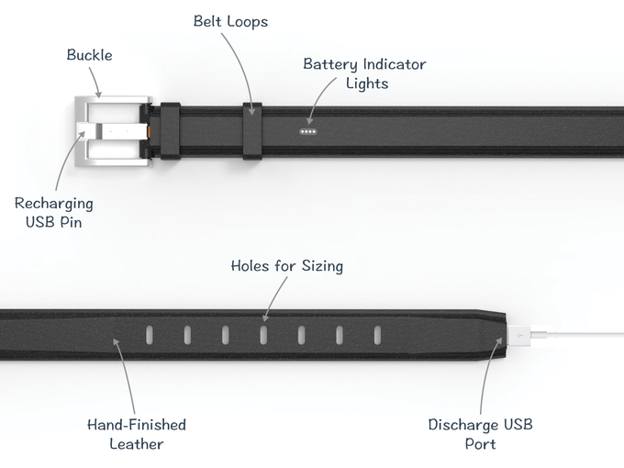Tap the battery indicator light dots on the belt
308,131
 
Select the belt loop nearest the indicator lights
252,131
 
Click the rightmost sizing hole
376,334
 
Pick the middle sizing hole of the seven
262,334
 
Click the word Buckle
89,55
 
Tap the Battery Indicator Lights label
364,73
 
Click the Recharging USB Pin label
53,212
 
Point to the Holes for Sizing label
285,266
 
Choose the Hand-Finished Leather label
136,434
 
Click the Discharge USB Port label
480,434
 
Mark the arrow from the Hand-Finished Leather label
126,376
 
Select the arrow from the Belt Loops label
243,64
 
